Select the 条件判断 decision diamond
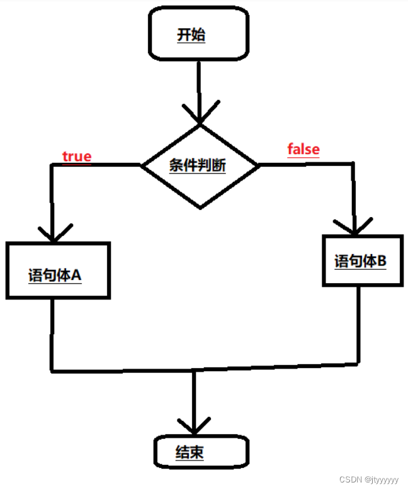200,166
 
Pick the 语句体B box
361,260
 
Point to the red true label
76,156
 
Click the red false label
303,149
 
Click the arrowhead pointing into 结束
193,426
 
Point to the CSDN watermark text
368,479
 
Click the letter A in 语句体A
76,275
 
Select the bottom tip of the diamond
200,207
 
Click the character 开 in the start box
183,35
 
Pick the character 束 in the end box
197,452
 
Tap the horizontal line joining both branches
126,369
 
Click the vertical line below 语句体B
359,324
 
